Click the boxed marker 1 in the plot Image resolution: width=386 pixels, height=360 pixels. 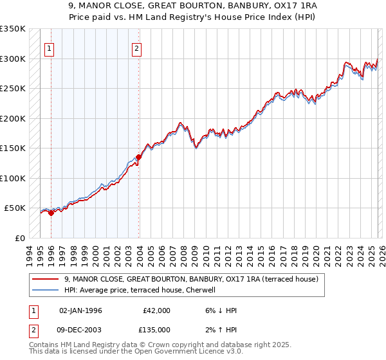[x=50, y=47]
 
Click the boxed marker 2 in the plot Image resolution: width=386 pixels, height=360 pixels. [x=138, y=47]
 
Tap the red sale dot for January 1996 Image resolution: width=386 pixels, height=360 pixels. [x=51, y=213]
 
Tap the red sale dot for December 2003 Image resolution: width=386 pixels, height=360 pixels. [x=138, y=157]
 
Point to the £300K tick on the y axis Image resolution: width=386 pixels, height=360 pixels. [x=13, y=59]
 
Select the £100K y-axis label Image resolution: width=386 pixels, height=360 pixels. [x=13, y=178]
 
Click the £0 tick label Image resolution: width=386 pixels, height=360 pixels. [x=19, y=238]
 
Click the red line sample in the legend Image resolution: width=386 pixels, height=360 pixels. [x=46, y=279]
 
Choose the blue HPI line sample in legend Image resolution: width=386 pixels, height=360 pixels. [x=46, y=290]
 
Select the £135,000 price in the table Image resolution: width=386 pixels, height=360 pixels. [x=156, y=329]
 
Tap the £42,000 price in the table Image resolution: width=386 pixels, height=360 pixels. [x=156, y=310]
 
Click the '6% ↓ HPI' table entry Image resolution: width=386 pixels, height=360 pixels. [x=219, y=310]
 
